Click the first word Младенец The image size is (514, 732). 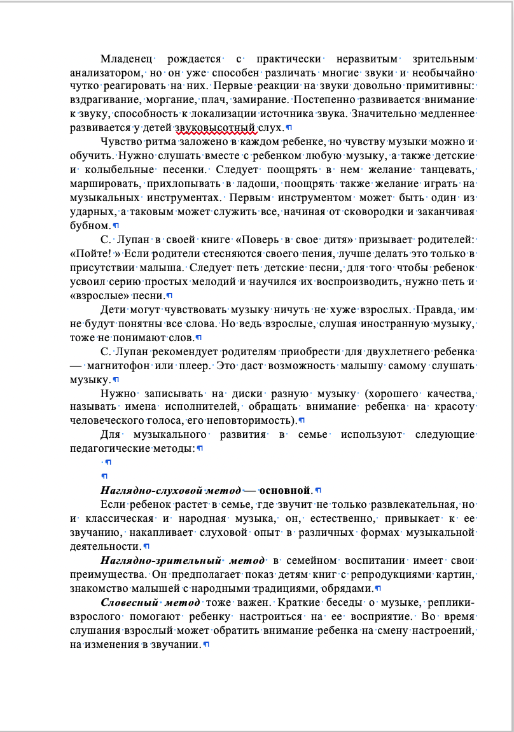tap(127, 59)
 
